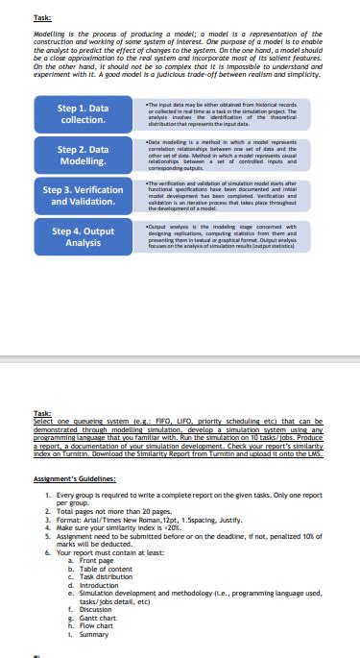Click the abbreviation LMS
point(308,459)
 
